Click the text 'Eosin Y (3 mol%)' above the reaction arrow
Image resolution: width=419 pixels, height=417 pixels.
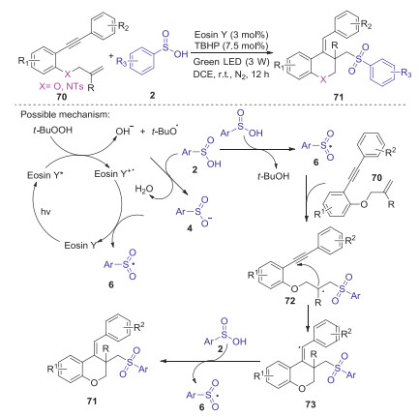[231, 34]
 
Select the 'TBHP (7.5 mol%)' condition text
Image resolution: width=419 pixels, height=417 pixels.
[231, 45]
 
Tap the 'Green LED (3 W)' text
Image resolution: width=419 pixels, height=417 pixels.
[231, 62]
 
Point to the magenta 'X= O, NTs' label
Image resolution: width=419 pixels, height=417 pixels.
[61, 86]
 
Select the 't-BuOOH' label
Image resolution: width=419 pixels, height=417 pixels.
[53, 131]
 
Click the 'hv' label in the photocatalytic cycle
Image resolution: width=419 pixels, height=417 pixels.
[45, 212]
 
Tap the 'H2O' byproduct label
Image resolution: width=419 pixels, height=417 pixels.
[144, 190]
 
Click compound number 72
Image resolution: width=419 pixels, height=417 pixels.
[290, 301]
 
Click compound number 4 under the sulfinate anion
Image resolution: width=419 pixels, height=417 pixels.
[190, 228]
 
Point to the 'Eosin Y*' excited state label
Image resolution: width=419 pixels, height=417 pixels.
[44, 175]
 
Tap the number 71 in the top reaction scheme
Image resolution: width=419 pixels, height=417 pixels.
[339, 97]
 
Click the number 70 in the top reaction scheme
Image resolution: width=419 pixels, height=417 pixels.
[61, 97]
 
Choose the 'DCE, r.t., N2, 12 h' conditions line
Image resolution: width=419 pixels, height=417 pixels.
[230, 74]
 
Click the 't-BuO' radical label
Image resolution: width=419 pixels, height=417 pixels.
[165, 131]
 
